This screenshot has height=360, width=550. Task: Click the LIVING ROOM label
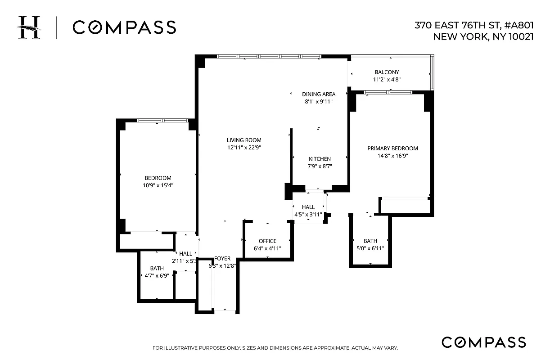tap(244, 140)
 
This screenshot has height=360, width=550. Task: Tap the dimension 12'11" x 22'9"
tap(244, 148)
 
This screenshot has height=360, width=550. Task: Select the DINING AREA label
tap(319, 94)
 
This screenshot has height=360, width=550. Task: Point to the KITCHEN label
tap(320, 159)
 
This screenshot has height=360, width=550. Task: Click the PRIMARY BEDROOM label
tap(392, 148)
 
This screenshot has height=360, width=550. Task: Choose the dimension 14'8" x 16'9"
tap(392, 156)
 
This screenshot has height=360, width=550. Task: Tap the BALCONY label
tap(387, 72)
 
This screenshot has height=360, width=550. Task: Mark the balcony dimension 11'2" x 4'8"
tap(387, 80)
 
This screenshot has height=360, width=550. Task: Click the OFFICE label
tap(267, 241)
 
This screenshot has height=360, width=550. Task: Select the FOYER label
tap(222, 258)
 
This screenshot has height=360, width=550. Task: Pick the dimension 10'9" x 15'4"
tap(158, 185)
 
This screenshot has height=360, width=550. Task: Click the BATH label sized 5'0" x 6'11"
tap(370, 241)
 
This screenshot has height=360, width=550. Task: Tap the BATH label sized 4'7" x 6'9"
tap(157, 268)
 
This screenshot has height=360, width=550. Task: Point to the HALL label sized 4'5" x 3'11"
tap(308, 207)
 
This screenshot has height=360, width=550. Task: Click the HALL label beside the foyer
tap(185, 253)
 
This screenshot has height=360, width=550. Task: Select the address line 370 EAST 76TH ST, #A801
tap(474, 26)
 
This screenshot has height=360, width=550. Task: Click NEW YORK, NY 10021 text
tap(483, 37)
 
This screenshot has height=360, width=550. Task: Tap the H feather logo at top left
tap(29, 27)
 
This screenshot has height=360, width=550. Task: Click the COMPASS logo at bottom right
tap(483, 342)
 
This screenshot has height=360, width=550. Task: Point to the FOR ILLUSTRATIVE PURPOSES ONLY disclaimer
tap(275, 348)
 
